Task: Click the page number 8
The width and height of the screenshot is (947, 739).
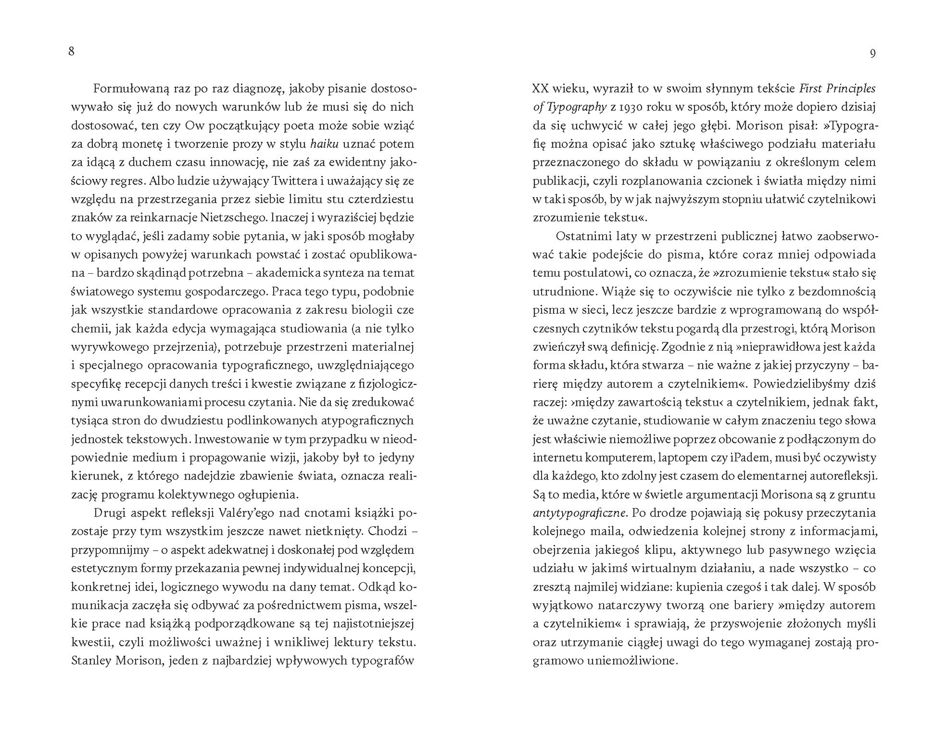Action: click(72, 51)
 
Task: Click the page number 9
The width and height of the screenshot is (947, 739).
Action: click(873, 53)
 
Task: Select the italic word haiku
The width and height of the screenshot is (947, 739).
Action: click(324, 144)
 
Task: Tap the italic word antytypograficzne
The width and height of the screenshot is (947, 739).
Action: click(580, 513)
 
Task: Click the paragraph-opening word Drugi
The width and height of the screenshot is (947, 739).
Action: click(108, 513)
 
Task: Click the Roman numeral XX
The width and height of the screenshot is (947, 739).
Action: click(541, 89)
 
